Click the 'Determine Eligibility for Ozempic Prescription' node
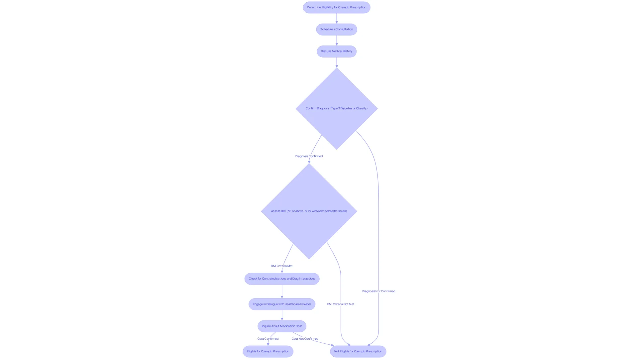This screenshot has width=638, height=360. click(x=337, y=7)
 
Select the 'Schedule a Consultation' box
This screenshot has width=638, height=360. click(x=337, y=29)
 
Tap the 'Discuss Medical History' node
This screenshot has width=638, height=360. click(x=337, y=51)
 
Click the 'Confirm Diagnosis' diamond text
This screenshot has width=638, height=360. click(x=337, y=108)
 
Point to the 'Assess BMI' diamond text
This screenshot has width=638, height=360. click(x=309, y=211)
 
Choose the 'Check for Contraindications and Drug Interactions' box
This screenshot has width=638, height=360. click(x=282, y=279)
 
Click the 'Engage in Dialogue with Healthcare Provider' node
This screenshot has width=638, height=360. click(x=282, y=304)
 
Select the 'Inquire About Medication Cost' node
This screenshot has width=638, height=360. click(x=282, y=326)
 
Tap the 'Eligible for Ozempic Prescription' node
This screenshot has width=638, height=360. click(x=268, y=351)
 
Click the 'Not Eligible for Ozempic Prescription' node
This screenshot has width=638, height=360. click(x=358, y=351)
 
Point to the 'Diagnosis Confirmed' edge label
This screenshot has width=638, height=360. click(x=309, y=156)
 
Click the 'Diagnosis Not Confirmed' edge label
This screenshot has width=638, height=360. click(x=378, y=291)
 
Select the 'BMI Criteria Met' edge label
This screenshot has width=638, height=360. click(x=282, y=266)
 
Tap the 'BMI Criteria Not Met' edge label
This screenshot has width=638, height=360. click(x=341, y=304)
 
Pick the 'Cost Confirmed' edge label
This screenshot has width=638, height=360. click(x=268, y=339)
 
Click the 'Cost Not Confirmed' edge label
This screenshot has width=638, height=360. click(x=305, y=339)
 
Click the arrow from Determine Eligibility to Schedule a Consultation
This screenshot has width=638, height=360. click(x=337, y=19)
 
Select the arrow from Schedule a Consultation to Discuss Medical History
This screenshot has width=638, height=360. click(x=337, y=41)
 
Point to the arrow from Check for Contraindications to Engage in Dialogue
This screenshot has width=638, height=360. click(x=282, y=292)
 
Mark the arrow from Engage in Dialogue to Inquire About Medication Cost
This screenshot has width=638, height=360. click(x=282, y=315)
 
